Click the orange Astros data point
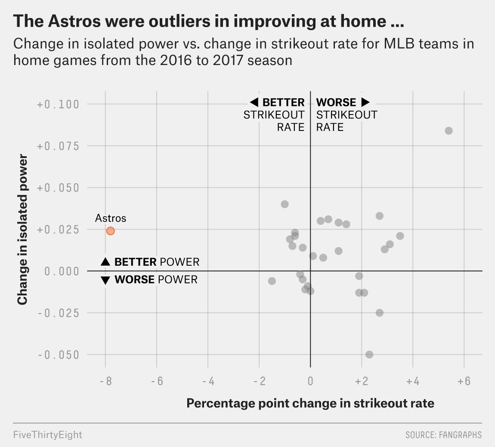pyautogui.click(x=110, y=231)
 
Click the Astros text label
pyautogui.click(x=111, y=218)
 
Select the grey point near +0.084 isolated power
pyautogui.click(x=449, y=130)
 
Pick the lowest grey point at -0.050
pyautogui.click(x=369, y=354)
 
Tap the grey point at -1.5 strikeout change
pyautogui.click(x=272, y=281)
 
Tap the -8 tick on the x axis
pyautogui.click(x=105, y=382)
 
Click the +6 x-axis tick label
pyautogui.click(x=464, y=382)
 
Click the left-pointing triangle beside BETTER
pyautogui.click(x=254, y=102)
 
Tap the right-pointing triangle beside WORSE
pyautogui.click(x=365, y=102)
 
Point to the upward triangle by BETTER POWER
pyautogui.click(x=105, y=262)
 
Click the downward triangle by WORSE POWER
pyautogui.click(x=105, y=280)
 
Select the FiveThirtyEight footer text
pyautogui.click(x=48, y=435)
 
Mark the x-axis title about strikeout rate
pyautogui.click(x=310, y=404)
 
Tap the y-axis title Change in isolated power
pyautogui.click(x=22, y=231)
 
